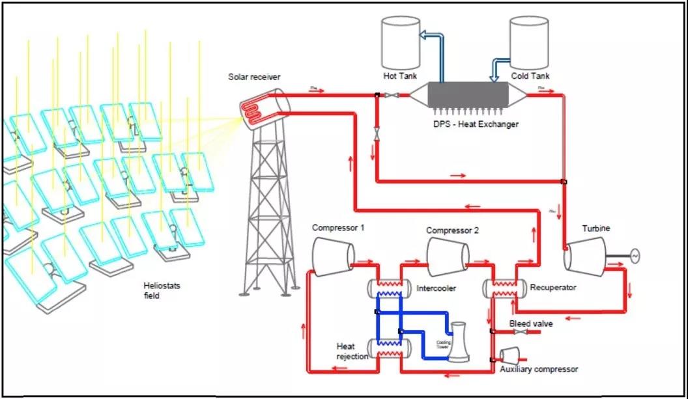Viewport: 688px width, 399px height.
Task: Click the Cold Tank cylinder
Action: pyautogui.click(x=529, y=40)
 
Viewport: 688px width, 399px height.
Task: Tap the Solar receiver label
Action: pyautogui.click(x=254, y=77)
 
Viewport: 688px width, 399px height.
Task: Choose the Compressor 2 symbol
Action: pyautogui.click(x=448, y=256)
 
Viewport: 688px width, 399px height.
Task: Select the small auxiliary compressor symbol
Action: pyautogui.click(x=508, y=355)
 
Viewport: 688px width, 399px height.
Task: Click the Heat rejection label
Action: pyautogui.click(x=352, y=351)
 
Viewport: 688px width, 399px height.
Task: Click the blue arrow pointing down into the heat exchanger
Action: pyautogui.click(x=493, y=76)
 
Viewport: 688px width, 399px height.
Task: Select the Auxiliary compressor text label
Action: pyautogui.click(x=539, y=369)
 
